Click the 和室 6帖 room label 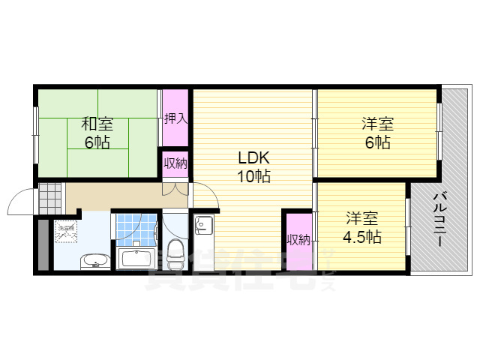97,132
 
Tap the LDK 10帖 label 254,167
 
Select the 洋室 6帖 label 374,132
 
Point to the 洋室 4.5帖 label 363,227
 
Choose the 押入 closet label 176,117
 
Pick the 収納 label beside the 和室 175,163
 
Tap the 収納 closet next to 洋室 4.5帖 298,240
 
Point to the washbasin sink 93,261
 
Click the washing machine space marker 67,232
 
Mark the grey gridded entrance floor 51,196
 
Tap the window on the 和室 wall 35,135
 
